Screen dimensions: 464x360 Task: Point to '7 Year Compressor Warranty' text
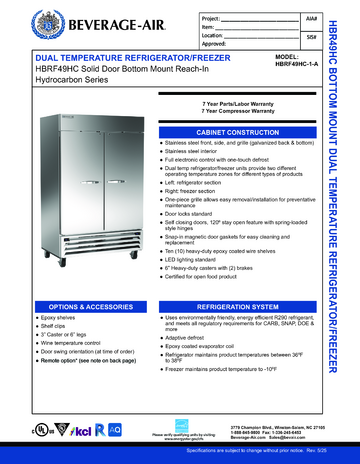pos(240,110)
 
